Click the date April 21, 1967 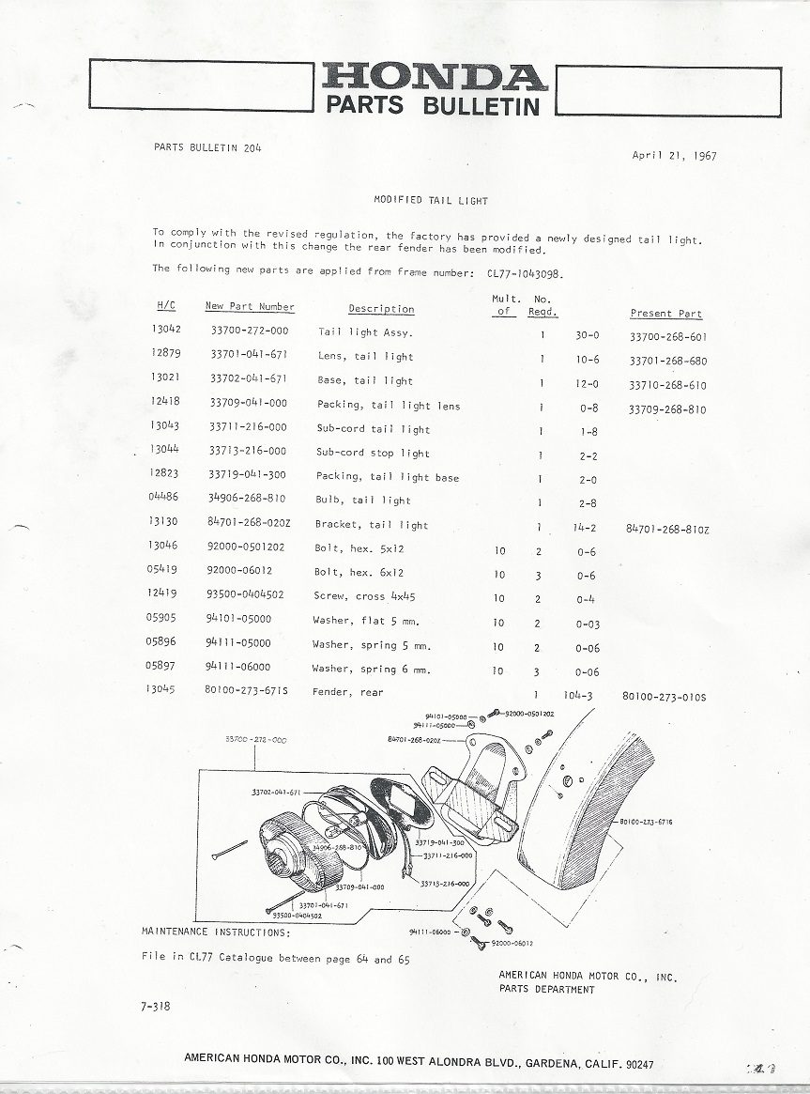click(x=674, y=157)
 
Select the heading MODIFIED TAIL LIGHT click(x=431, y=201)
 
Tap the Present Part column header click(x=665, y=314)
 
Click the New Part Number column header click(x=250, y=307)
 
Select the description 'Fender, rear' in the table click(x=350, y=693)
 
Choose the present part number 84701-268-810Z click(x=666, y=530)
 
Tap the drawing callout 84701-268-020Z click(x=414, y=740)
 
